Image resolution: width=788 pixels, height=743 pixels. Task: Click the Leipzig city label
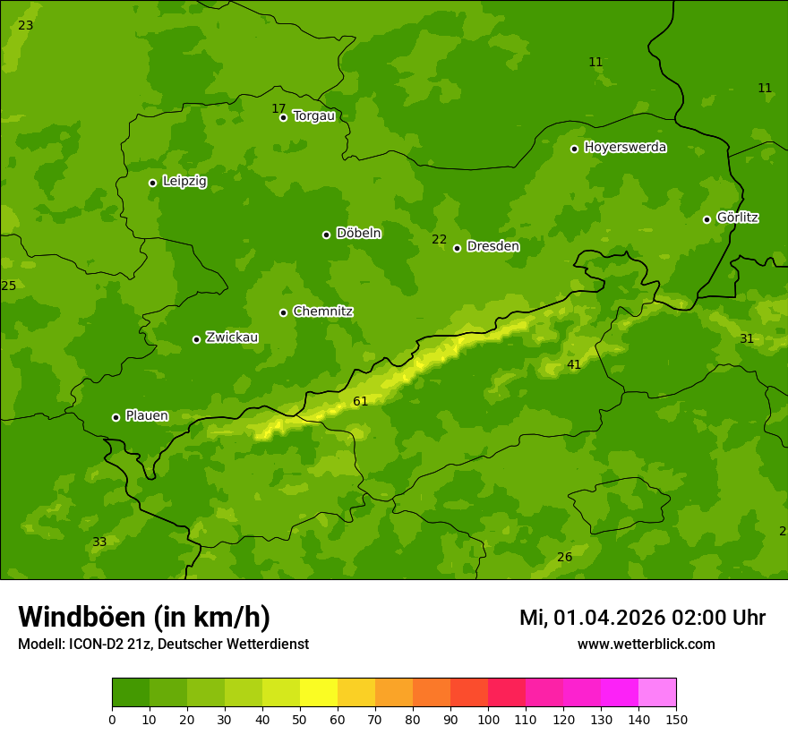pyautogui.click(x=184, y=182)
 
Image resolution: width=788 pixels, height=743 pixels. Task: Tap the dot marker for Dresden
pyautogui.click(x=457, y=248)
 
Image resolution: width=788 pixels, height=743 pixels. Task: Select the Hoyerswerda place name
pyautogui.click(x=625, y=148)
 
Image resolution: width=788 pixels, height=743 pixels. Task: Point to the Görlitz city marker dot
pyautogui.click(x=707, y=219)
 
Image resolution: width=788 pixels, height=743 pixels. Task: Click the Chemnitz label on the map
pyautogui.click(x=322, y=312)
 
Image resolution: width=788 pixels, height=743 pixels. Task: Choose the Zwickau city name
pyautogui.click(x=232, y=337)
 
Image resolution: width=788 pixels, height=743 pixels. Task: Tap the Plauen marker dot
pyautogui.click(x=116, y=417)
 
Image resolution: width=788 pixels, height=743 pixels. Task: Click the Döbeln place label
pyautogui.click(x=358, y=234)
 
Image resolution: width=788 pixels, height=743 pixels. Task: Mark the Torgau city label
pyautogui.click(x=313, y=116)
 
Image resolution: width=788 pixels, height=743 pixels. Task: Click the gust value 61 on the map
pyautogui.click(x=361, y=401)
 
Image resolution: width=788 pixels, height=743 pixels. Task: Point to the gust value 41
pyautogui.click(x=574, y=364)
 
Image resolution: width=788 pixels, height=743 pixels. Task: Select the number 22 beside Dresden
pyautogui.click(x=439, y=239)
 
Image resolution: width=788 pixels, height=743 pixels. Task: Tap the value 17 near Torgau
pyautogui.click(x=278, y=108)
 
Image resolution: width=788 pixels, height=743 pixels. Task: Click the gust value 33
pyautogui.click(x=99, y=542)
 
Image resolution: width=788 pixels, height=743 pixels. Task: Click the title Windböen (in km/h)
pyautogui.click(x=144, y=617)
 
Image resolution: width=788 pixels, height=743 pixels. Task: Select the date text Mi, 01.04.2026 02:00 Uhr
pyautogui.click(x=642, y=618)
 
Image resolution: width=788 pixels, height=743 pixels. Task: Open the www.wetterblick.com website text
pyautogui.click(x=646, y=645)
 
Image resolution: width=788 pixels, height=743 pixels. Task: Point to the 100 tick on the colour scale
pyautogui.click(x=488, y=719)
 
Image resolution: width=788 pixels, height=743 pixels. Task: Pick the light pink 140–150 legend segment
pyautogui.click(x=657, y=693)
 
